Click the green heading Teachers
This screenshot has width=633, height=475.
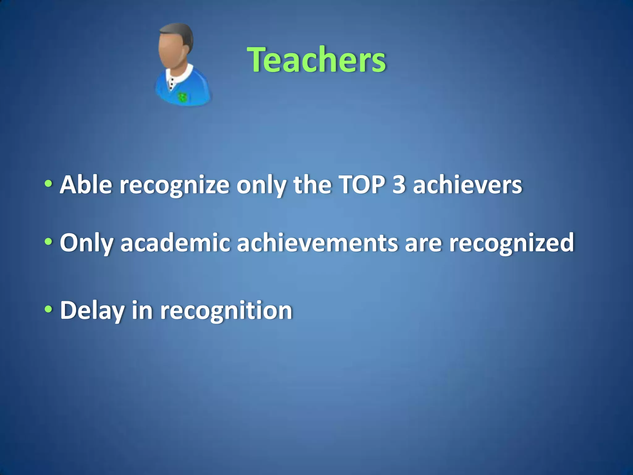316,59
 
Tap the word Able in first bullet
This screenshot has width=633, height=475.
86,185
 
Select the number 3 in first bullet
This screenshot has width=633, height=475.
399,185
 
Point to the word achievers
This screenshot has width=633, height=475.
467,185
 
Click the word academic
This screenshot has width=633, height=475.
175,243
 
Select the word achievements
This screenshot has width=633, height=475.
317,243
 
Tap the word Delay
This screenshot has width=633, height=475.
92,310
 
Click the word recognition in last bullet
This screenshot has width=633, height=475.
226,310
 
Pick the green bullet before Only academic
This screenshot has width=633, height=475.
48,242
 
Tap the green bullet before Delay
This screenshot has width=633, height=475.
48,309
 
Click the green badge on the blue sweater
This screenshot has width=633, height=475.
182,98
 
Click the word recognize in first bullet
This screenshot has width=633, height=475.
174,185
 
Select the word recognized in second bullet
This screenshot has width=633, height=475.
511,243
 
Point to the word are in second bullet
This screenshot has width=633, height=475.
423,243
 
